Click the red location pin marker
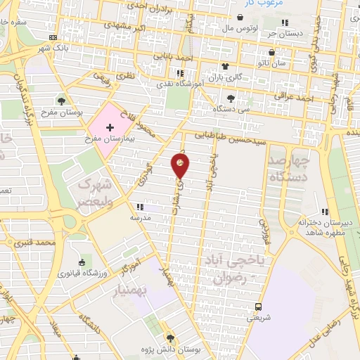pyautogui.click(x=181, y=166)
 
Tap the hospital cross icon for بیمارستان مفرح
pyautogui.click(x=110, y=127)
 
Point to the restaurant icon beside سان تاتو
pyautogui.click(x=264, y=65)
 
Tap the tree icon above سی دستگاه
pyautogui.click(x=231, y=98)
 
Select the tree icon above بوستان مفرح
pyautogui.click(x=62, y=102)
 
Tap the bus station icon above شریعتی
pyautogui.click(x=259, y=307)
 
